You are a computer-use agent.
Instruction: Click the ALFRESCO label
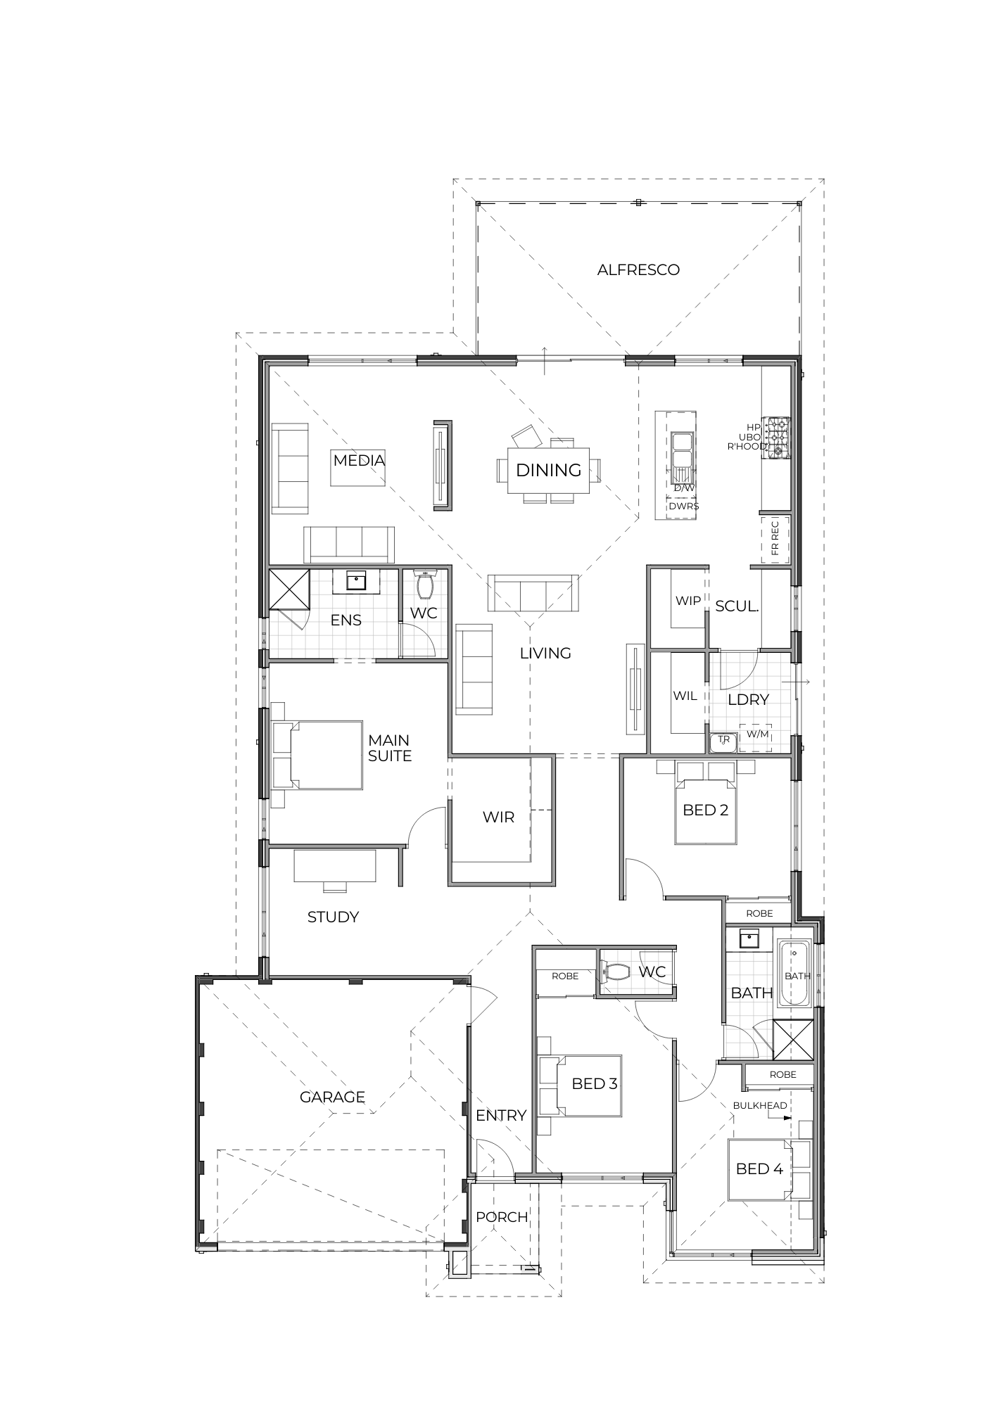pos(638,269)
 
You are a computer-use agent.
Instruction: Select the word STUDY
pos(333,917)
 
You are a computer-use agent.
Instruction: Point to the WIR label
pos(498,817)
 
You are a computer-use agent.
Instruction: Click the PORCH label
pos(502,1216)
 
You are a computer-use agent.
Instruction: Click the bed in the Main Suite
pos(317,755)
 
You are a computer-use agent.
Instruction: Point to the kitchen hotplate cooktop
pos(778,437)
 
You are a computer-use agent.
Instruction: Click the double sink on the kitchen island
pos(682,459)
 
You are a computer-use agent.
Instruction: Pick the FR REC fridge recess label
pos(775,538)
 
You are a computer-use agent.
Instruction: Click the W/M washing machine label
pos(757,734)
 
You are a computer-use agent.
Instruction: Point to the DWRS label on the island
pos(683,506)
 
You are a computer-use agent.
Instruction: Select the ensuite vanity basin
pos(357,581)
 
